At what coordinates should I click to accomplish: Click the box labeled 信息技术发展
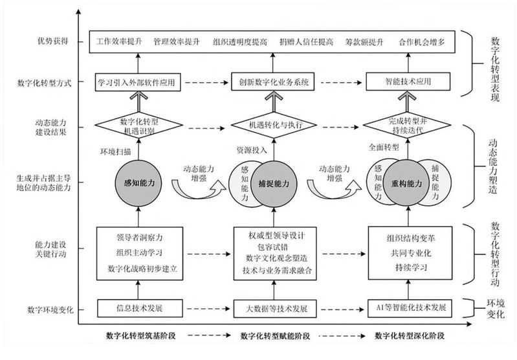[x=140, y=308]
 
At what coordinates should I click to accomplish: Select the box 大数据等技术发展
[x=275, y=309]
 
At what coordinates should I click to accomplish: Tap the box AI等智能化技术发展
[x=410, y=308]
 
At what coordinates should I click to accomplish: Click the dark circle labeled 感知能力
[x=138, y=183]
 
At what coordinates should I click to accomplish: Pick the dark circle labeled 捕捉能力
[x=274, y=184]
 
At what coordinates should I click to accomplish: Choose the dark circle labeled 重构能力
[x=407, y=183]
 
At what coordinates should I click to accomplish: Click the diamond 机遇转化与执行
[x=274, y=126]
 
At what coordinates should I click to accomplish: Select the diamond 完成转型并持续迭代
[x=407, y=126]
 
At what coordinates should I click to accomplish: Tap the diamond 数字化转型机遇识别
[x=139, y=126]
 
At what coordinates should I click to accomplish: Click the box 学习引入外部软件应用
[x=138, y=82]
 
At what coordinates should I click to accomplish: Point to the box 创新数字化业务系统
[x=273, y=82]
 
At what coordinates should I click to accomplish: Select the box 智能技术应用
[x=408, y=82]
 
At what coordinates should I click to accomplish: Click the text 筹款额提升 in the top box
[x=364, y=42]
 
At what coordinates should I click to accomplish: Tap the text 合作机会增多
[x=422, y=42]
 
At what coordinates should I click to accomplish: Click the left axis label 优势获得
[x=53, y=41]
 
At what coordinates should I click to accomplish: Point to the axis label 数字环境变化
[x=50, y=310]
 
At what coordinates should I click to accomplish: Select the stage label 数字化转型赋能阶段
[x=275, y=336]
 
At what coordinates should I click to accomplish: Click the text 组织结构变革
[x=410, y=238]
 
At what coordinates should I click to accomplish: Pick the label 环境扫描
[x=116, y=152]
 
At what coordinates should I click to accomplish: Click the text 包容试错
[x=273, y=247]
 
